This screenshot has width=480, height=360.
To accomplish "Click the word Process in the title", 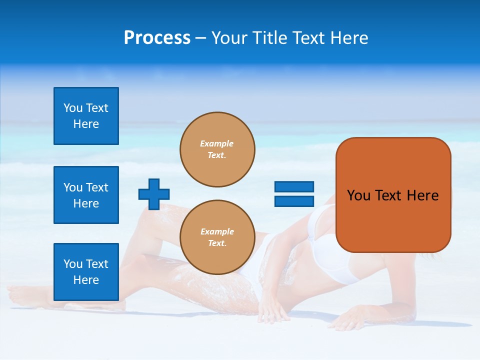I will tap(157, 38).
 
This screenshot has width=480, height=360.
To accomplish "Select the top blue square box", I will tap(86, 116).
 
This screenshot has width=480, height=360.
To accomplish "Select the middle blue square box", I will tap(86, 195).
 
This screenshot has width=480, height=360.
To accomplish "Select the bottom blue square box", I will tap(86, 272).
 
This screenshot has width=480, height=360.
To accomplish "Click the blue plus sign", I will tap(154, 194).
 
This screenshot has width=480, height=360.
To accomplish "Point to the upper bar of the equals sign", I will tap(294, 187).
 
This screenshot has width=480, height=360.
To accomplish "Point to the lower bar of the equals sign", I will tap(294, 201).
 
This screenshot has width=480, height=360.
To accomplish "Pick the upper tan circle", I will tap(217, 149).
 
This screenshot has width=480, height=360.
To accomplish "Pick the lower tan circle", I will tap(217, 237).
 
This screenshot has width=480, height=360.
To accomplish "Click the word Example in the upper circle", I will tap(217, 143).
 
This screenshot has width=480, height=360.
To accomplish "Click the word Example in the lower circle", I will tap(217, 231).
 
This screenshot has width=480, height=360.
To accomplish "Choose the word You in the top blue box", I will tap(73, 108).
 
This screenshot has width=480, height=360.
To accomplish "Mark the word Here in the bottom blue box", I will tap(86, 280).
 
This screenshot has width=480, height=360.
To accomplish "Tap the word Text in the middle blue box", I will tap(97, 187).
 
